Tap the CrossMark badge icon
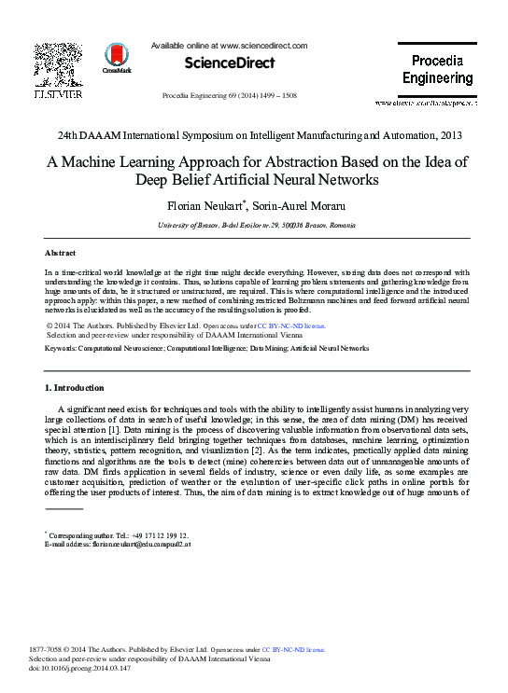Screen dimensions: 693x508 [117, 57]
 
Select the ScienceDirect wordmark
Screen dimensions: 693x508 [230, 63]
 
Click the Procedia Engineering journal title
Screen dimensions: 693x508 [437, 70]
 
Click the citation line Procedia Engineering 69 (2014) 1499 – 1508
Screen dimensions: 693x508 [230, 96]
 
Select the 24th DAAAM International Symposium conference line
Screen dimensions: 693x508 [254, 136]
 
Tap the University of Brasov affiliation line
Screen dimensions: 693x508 [254, 225]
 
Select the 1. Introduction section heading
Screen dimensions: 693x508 [75, 388]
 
